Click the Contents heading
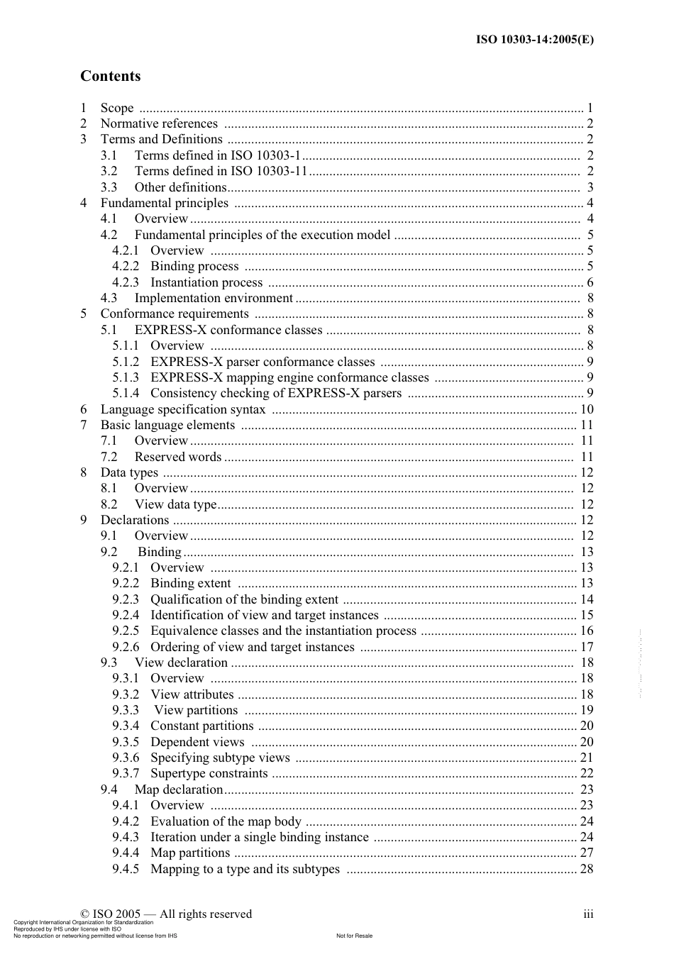(110, 76)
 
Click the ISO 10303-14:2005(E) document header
(534, 40)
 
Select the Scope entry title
(117, 108)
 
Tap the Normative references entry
(159, 123)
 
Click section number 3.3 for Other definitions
(109, 187)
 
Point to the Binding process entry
(194, 266)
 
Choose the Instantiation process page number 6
(590, 282)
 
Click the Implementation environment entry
(213, 298)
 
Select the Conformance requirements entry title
(175, 314)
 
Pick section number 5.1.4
(126, 393)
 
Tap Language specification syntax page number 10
(587, 409)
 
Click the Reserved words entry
(178, 457)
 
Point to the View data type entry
(175, 504)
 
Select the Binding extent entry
(190, 583)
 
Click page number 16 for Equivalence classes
(587, 631)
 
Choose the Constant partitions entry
(201, 726)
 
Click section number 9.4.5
(126, 869)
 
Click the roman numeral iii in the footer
(588, 914)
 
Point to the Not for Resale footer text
(354, 936)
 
